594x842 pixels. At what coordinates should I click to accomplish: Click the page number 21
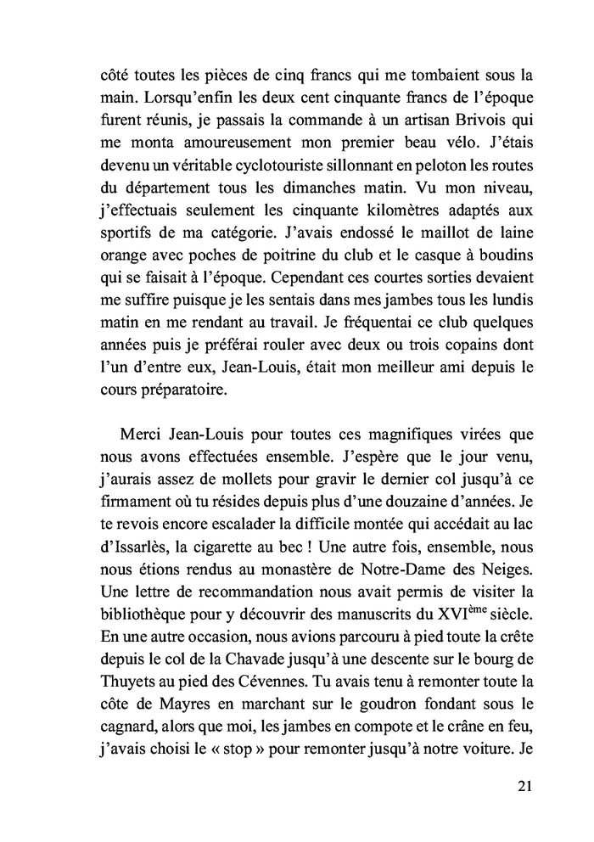(524, 785)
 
